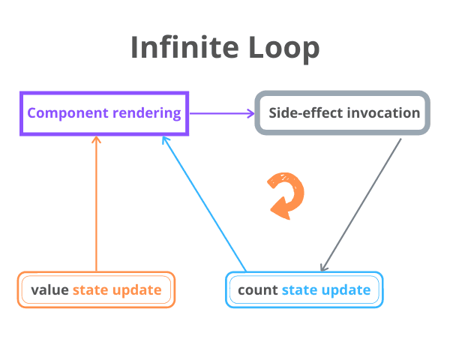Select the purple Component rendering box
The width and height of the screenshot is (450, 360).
(104, 113)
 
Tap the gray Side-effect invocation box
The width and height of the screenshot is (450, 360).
(343, 113)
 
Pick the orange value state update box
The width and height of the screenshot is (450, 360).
(96, 289)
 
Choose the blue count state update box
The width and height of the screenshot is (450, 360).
(304, 289)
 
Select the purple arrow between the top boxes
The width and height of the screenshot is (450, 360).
(222, 113)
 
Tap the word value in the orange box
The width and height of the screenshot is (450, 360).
(49, 290)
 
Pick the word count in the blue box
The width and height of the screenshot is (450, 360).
(257, 290)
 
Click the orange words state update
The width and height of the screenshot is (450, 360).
(117, 290)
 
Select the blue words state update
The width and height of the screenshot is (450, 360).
(325, 290)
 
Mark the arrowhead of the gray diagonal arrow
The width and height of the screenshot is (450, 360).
(323, 268)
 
